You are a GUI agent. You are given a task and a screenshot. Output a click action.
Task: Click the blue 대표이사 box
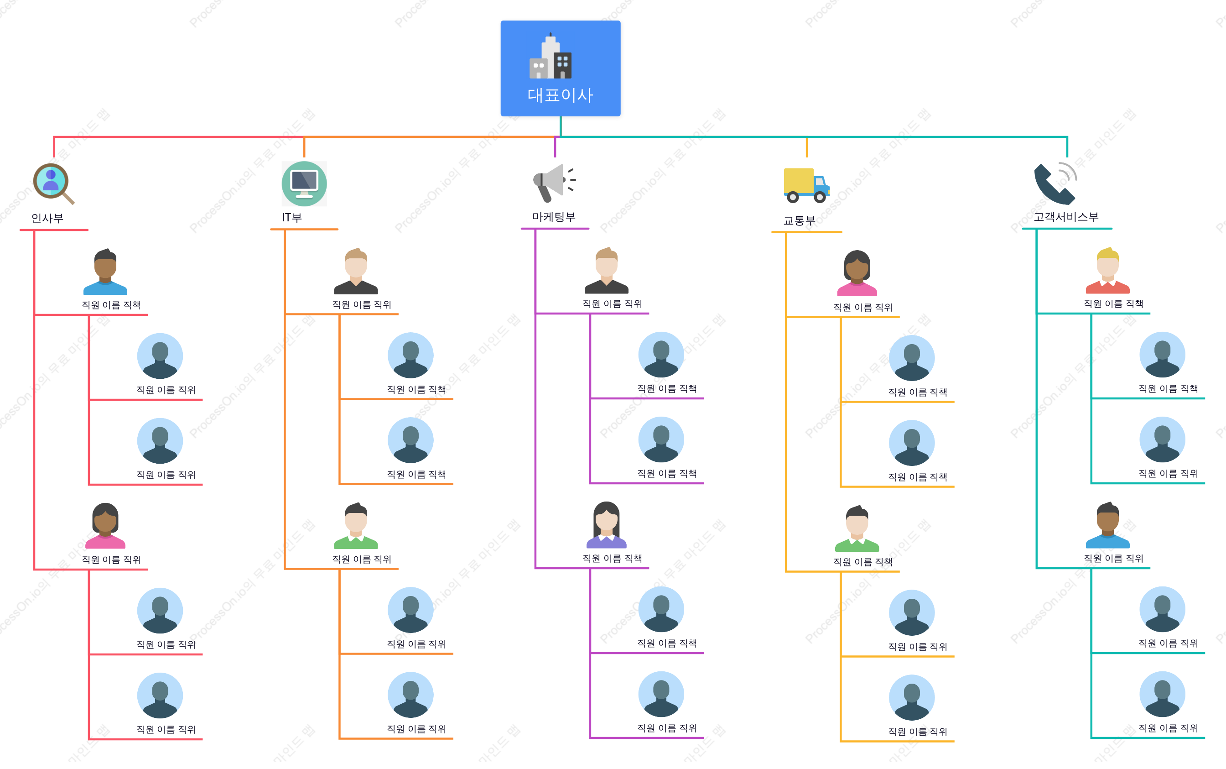pyautogui.click(x=560, y=68)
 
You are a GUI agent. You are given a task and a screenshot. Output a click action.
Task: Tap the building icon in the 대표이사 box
pyautogui.click(x=551, y=56)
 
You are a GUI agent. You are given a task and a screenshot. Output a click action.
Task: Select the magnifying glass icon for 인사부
pyautogui.click(x=53, y=183)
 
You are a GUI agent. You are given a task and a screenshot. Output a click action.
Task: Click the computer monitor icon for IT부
pyautogui.click(x=304, y=183)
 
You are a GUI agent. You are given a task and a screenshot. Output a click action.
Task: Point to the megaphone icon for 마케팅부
pyautogui.click(x=555, y=183)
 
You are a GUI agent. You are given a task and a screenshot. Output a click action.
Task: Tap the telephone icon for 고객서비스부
pyautogui.click(x=1056, y=183)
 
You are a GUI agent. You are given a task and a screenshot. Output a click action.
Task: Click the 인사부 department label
pyautogui.click(x=47, y=218)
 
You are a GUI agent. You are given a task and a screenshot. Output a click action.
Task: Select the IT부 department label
pyautogui.click(x=292, y=218)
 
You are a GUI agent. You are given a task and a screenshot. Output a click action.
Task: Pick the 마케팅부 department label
pyautogui.click(x=554, y=217)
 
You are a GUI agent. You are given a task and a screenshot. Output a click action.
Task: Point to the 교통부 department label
pyautogui.click(x=799, y=220)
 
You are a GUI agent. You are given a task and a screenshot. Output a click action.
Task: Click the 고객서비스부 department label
pyautogui.click(x=1066, y=217)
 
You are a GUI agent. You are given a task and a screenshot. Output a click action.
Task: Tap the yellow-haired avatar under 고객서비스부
pyautogui.click(x=1107, y=271)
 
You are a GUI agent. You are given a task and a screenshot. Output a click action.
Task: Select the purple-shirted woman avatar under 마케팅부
pyautogui.click(x=607, y=525)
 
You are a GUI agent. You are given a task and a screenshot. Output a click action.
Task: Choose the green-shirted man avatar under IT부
pyautogui.click(x=356, y=526)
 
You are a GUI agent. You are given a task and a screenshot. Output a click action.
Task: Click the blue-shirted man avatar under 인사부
pyautogui.click(x=105, y=272)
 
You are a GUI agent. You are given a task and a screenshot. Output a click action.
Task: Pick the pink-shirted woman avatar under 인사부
pyautogui.click(x=105, y=526)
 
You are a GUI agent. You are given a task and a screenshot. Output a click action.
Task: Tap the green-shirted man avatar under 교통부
pyautogui.click(x=857, y=528)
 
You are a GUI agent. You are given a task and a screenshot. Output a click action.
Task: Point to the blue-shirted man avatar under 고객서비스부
pyautogui.click(x=1107, y=525)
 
